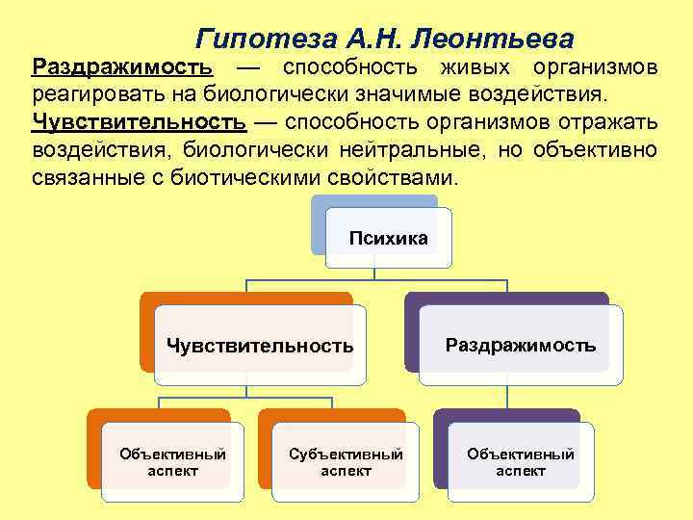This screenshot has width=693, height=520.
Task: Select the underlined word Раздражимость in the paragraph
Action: (x=121, y=68)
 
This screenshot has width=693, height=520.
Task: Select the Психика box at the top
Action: (x=388, y=238)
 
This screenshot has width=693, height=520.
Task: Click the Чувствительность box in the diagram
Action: (x=260, y=345)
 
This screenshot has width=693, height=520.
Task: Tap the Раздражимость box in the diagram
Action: (x=520, y=344)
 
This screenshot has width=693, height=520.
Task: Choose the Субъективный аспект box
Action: (x=346, y=461)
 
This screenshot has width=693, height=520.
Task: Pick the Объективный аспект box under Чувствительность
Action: (x=172, y=461)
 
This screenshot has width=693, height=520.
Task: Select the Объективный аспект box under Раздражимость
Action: (x=521, y=461)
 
